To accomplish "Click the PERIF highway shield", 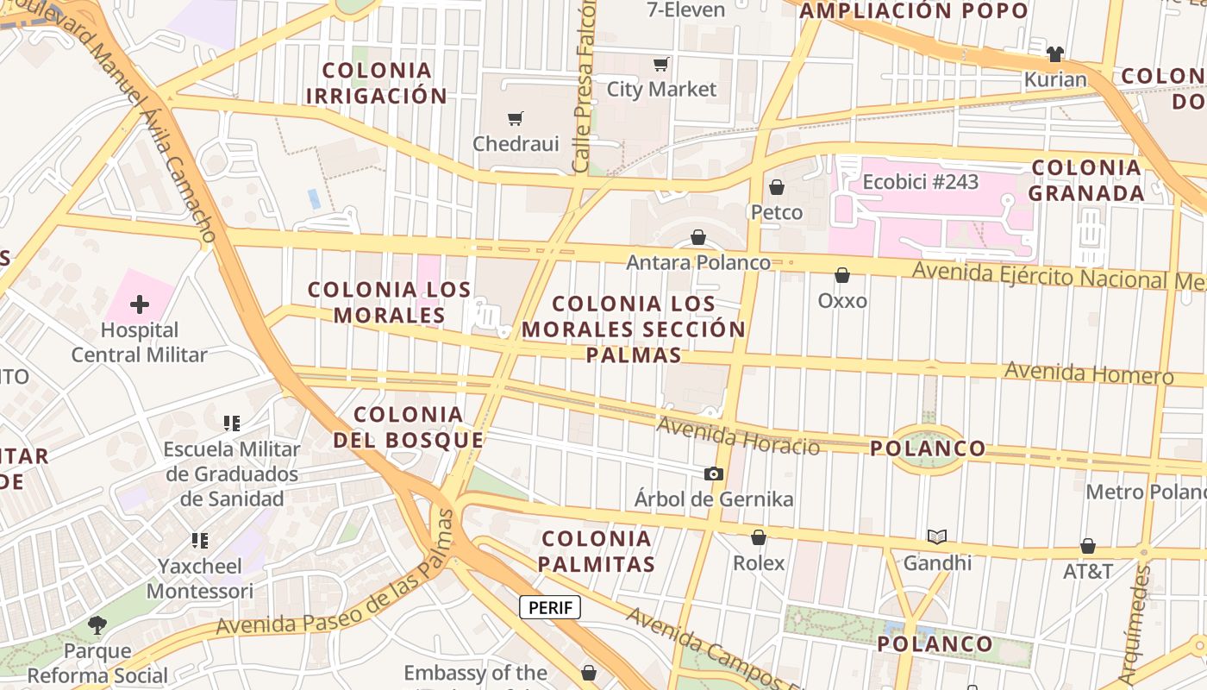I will pyautogui.click(x=550, y=607).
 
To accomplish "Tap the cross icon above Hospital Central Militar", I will pyautogui.click(x=140, y=304).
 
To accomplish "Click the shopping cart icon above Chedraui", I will pyautogui.click(x=516, y=118).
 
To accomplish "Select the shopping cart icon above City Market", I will pyautogui.click(x=661, y=64).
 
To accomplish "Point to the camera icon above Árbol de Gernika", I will pyautogui.click(x=714, y=474).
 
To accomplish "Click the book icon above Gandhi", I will pyautogui.click(x=937, y=537).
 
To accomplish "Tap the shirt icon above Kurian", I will pyautogui.click(x=1055, y=54).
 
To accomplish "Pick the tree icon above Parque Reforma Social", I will pyautogui.click(x=97, y=624).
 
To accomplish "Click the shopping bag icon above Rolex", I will pyautogui.click(x=759, y=537).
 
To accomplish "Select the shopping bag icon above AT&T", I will pyautogui.click(x=1088, y=546).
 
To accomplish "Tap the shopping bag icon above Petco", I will pyautogui.click(x=777, y=187).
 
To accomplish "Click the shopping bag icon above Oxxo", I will pyautogui.click(x=842, y=275).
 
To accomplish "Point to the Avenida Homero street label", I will pyautogui.click(x=1089, y=373).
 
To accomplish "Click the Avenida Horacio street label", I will pyautogui.click(x=738, y=436).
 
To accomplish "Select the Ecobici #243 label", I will pyautogui.click(x=921, y=183).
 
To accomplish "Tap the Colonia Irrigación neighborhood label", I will pyautogui.click(x=377, y=83).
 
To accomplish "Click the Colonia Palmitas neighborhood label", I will pyautogui.click(x=598, y=552).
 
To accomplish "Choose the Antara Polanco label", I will pyautogui.click(x=698, y=262).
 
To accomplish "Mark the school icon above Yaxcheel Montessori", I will pyautogui.click(x=200, y=541).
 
